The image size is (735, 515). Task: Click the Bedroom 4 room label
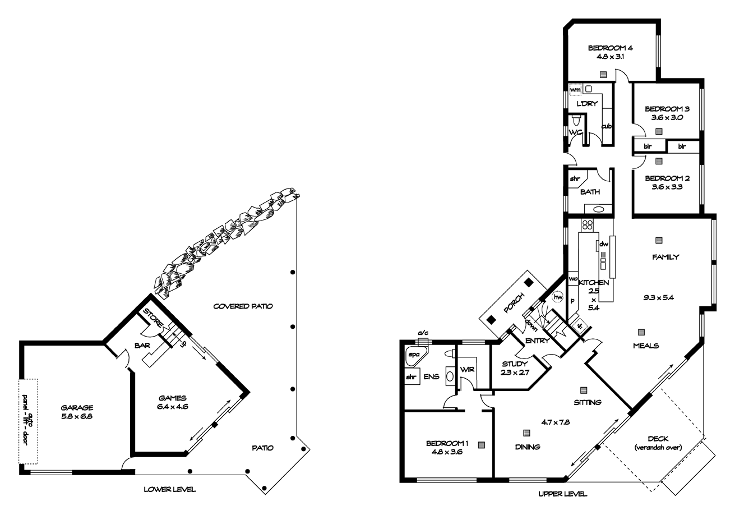(x=603, y=48)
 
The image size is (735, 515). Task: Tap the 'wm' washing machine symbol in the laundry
(x=575, y=89)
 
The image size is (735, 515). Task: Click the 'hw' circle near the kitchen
(x=557, y=297)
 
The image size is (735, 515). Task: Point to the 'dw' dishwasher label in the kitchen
(x=604, y=245)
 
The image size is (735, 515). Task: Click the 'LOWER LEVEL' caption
(x=170, y=489)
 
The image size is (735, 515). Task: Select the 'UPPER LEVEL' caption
(x=562, y=494)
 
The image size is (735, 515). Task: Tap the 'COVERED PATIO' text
(x=243, y=306)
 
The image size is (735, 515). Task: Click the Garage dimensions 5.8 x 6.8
(x=77, y=417)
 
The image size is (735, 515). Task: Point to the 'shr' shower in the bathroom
(x=575, y=179)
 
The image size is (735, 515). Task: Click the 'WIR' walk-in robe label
(x=467, y=370)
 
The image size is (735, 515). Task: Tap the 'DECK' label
(x=657, y=439)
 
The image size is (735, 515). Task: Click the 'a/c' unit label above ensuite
(x=423, y=333)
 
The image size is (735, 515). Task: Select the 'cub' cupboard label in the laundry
(x=606, y=126)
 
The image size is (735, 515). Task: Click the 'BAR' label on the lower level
(x=141, y=346)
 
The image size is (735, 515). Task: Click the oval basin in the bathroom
(x=598, y=210)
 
